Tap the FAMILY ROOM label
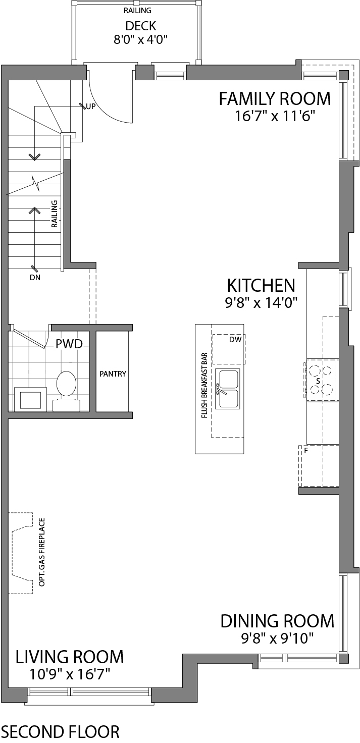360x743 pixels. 275,99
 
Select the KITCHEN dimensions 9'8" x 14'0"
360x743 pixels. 261,302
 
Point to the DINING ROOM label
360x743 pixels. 277,621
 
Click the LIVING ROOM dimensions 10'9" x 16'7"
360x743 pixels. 70,674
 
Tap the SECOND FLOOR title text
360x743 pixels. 60,731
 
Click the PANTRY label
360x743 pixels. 113,374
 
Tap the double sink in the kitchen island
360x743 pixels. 228,389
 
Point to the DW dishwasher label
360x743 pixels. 235,340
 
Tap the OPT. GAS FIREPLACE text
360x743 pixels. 42,552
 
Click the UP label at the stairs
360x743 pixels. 91,107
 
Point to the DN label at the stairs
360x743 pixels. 35,277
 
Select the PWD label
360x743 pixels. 69,344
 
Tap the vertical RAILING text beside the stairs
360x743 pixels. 55,214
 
